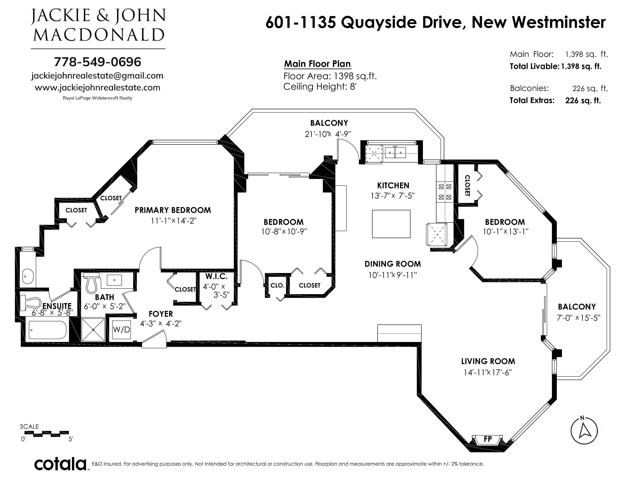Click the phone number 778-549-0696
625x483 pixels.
98,62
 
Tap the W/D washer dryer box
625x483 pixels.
121,329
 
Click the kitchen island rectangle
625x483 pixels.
391,224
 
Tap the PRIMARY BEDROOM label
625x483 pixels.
173,210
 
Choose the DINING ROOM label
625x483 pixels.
393,264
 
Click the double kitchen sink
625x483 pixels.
395,152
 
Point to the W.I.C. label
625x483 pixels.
216,276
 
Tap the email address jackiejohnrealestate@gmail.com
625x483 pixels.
97,76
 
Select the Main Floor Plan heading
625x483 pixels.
317,64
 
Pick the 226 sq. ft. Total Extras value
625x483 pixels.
583,100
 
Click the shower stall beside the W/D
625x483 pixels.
94,329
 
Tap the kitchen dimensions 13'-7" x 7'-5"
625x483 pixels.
393,196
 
